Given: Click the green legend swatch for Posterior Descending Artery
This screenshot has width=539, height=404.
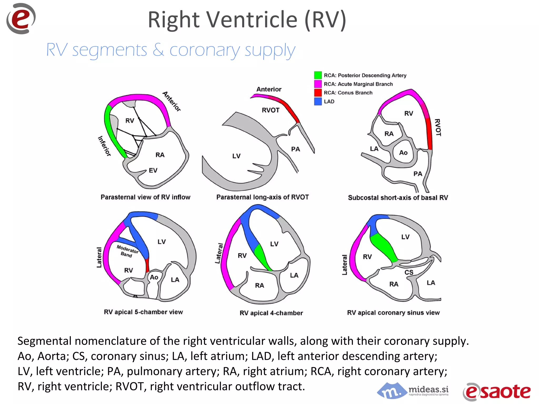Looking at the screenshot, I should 318,75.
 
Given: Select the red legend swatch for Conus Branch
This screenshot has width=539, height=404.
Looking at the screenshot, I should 318,93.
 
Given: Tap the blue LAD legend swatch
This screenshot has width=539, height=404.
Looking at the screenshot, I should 318,101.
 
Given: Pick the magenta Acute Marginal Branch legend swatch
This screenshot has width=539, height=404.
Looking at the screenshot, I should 318,84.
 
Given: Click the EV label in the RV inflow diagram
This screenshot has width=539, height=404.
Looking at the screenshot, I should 153,170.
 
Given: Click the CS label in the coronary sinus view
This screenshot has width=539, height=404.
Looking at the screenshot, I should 409,272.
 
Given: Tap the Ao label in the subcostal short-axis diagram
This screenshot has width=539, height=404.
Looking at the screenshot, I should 403,153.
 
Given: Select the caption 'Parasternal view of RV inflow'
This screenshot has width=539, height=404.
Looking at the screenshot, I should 145,197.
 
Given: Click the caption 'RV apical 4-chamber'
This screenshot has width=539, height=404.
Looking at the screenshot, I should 271,313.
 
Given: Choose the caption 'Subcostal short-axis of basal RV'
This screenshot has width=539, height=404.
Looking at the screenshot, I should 398,198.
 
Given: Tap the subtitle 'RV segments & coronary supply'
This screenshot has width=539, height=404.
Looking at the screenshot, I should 171,50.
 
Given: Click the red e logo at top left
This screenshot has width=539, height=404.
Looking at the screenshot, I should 21,19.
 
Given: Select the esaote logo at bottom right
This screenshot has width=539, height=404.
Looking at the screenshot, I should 497,392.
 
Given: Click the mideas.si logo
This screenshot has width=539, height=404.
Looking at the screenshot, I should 413,391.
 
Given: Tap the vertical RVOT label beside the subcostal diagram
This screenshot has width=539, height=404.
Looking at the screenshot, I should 438,128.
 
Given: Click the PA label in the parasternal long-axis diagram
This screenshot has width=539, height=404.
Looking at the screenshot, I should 295,149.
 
